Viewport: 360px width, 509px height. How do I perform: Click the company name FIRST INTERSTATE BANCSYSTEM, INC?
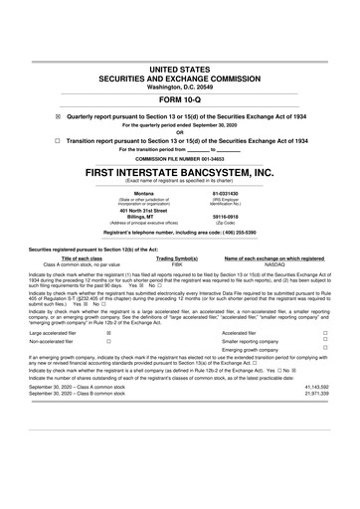pyautogui.click(x=180, y=172)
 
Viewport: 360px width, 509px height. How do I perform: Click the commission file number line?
pyautogui.click(x=180, y=158)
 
